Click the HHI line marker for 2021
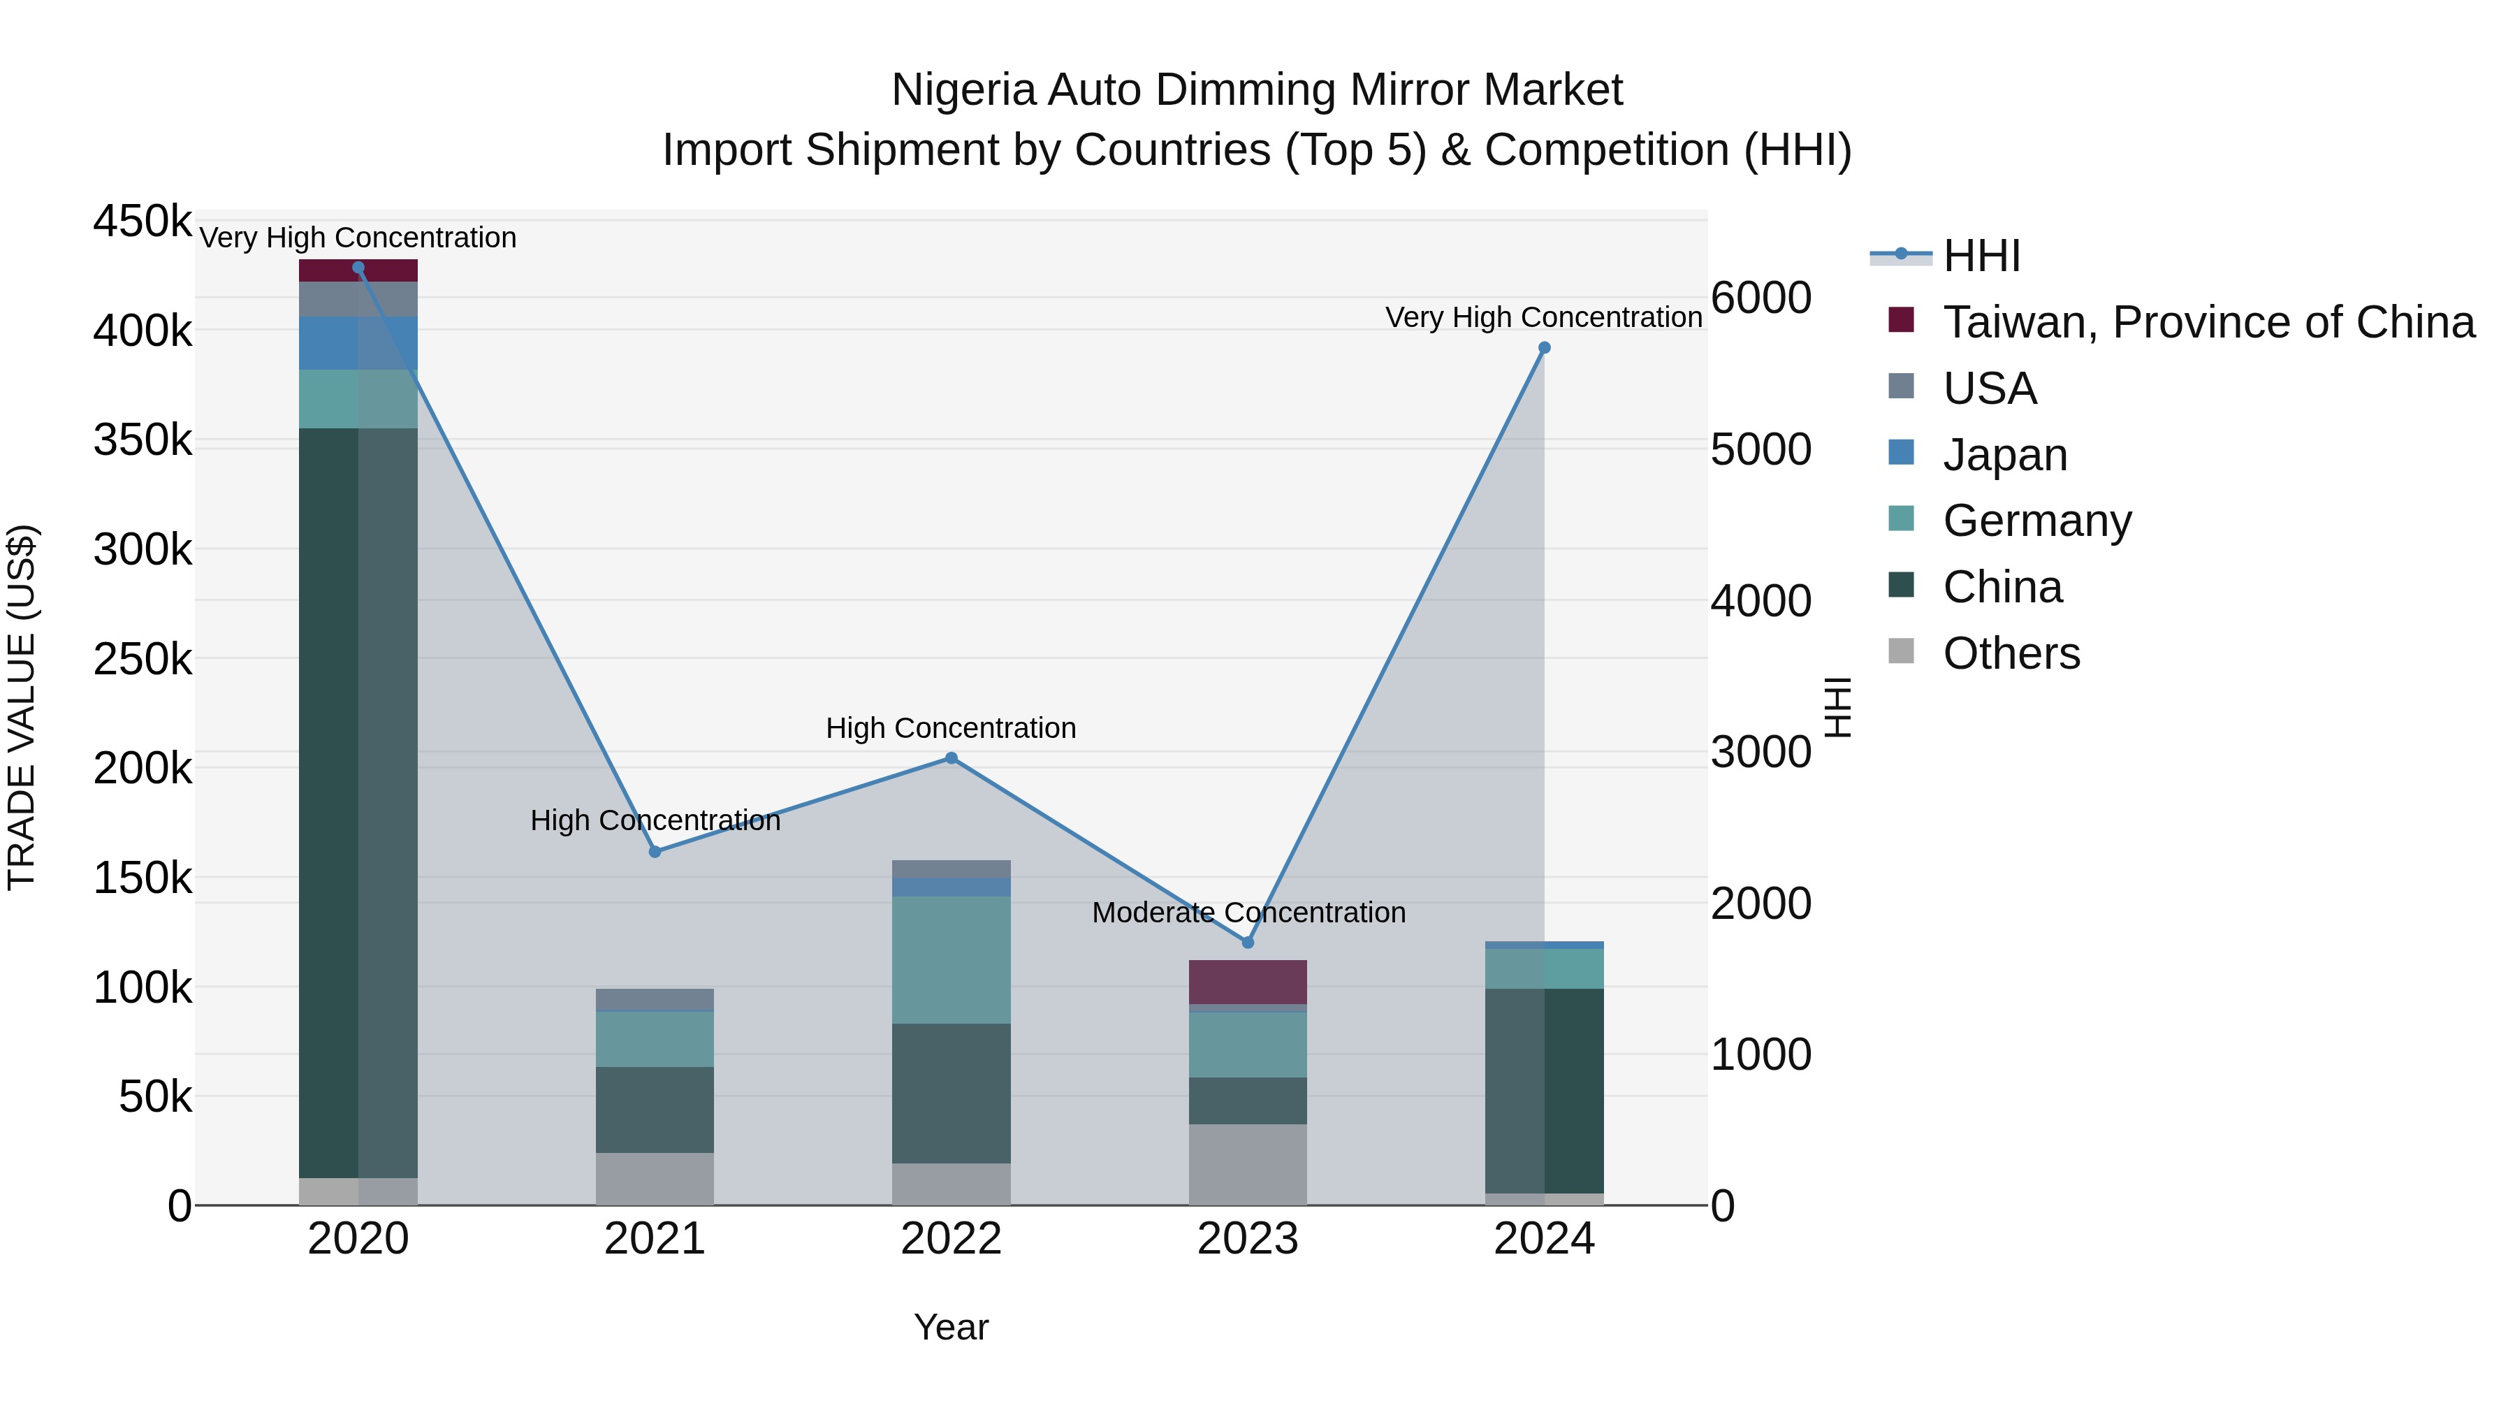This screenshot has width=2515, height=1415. (655, 852)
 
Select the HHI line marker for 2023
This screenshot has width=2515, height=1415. (1248, 943)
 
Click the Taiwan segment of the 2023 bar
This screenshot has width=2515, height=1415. (1248, 982)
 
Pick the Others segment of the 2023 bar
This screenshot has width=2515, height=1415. (1248, 1164)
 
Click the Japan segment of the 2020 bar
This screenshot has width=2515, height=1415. (358, 343)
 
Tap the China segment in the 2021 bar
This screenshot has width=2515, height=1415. (655, 1110)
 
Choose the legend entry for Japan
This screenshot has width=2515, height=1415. (2004, 455)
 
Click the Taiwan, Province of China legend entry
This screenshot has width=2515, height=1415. (2208, 322)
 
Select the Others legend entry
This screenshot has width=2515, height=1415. (2011, 653)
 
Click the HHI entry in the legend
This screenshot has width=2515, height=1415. (1981, 256)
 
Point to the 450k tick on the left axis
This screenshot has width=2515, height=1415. (143, 222)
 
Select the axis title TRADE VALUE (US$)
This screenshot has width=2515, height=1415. (22, 707)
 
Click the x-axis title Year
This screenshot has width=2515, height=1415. (951, 1327)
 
